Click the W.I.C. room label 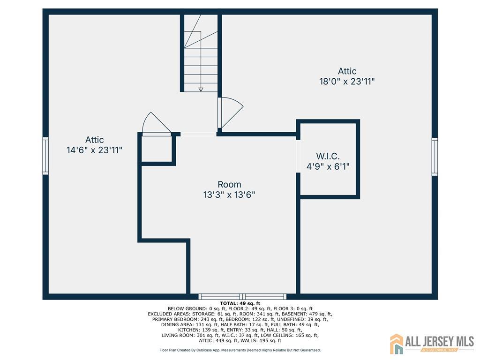(x=328, y=156)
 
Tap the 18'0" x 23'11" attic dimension (x=347, y=82)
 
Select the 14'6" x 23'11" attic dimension (x=94, y=150)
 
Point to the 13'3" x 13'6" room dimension (x=229, y=195)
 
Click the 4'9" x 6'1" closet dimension (x=328, y=166)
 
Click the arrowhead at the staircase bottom (x=201, y=90)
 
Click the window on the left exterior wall (x=45, y=156)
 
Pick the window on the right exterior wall (x=435, y=157)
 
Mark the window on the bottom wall (x=242, y=297)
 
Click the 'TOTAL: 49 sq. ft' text (x=240, y=304)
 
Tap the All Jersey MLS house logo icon (x=397, y=344)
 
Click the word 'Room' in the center (x=229, y=184)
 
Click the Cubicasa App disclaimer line (x=240, y=350)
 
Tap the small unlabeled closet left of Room (x=157, y=149)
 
